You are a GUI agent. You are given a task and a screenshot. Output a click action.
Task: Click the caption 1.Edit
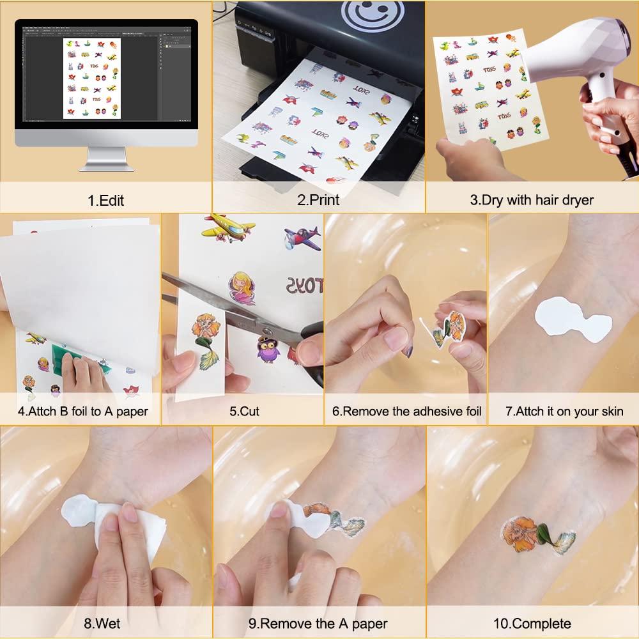coord(105,200)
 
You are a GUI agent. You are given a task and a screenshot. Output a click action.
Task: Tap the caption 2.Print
coord(318,200)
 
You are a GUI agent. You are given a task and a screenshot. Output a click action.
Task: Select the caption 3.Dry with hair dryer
coord(532,200)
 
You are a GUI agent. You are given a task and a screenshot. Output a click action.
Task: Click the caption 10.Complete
coord(532,623)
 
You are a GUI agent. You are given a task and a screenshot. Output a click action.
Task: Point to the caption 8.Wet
coord(105,623)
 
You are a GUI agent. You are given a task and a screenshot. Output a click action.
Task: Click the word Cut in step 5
coord(249,412)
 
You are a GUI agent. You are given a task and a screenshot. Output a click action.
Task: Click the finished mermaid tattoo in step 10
coord(537,534)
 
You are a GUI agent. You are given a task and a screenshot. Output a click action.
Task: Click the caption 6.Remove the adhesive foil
coord(406,412)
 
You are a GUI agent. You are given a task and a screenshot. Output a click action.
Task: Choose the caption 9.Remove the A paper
coord(318,623)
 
